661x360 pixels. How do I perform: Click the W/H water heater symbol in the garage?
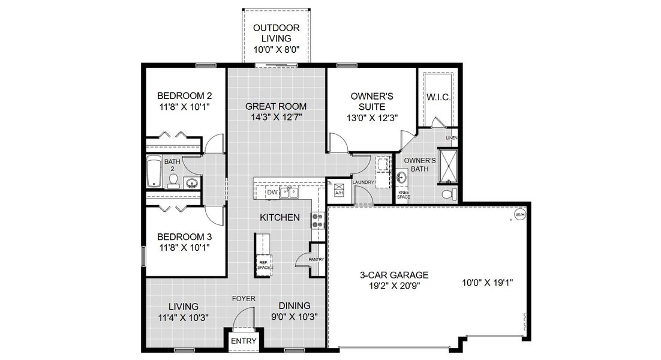click(519, 214)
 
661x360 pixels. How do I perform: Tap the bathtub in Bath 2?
click(154, 173)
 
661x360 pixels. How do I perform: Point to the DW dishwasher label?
click(272, 193)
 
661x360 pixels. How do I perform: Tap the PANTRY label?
click(316, 260)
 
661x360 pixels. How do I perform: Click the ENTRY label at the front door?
click(244, 341)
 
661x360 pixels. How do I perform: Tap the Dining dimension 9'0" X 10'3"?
click(294, 316)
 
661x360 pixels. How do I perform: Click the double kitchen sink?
click(291, 193)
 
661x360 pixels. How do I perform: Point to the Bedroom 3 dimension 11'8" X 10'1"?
click(184, 247)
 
